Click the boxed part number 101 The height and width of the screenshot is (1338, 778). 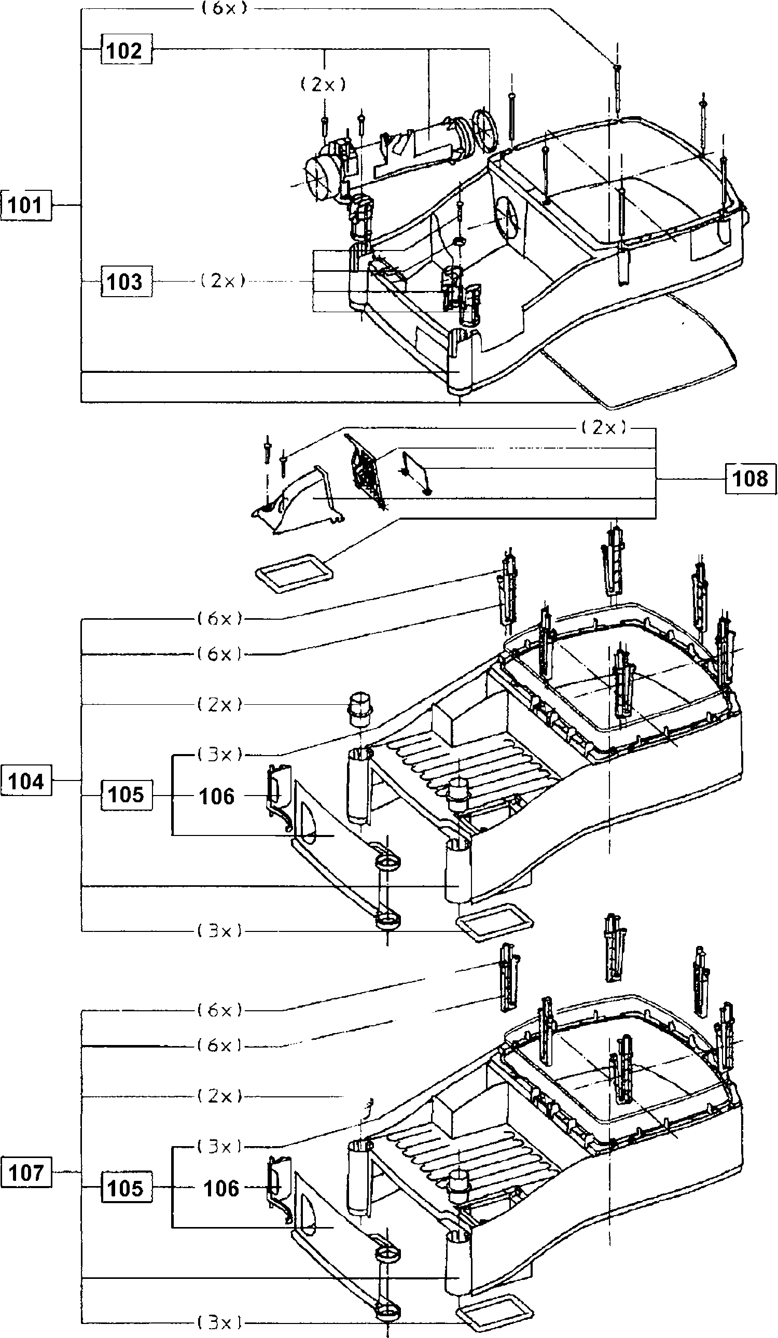[26, 205]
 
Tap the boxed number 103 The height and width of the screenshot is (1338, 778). [126, 282]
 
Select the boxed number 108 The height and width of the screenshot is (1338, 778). [750, 478]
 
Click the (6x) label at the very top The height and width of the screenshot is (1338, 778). [225, 9]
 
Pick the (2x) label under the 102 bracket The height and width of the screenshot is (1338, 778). [324, 84]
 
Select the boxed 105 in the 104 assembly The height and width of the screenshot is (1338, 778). [126, 795]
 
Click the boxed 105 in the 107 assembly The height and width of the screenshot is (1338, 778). [126, 1188]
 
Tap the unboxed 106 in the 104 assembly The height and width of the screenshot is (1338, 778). [217, 797]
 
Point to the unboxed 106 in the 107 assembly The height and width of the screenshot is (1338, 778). [221, 1189]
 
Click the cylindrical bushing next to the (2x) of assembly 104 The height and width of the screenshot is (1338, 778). [361, 709]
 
